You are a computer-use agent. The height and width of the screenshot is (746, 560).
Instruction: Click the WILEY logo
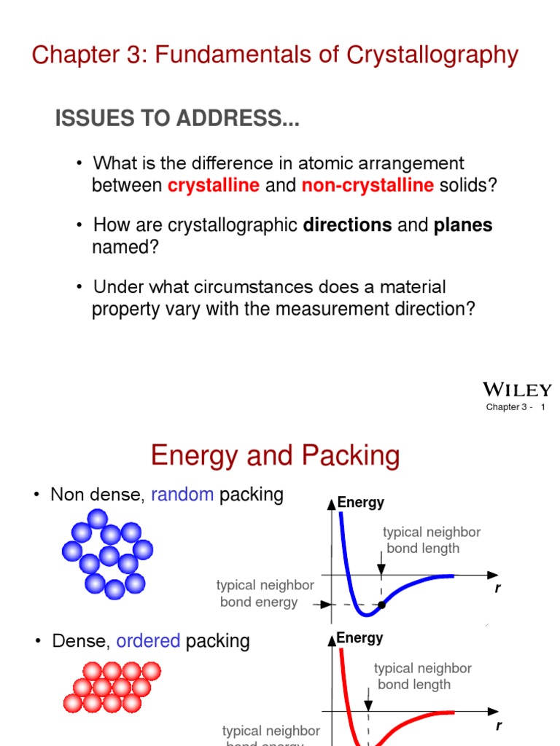point(517,390)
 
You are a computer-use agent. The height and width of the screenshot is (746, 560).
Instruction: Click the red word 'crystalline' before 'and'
point(214,185)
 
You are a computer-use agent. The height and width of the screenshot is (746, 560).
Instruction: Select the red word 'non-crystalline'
point(367,185)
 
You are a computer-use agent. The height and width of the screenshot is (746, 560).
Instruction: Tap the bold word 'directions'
point(347,225)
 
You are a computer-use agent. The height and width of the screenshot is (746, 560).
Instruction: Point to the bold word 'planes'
point(463,225)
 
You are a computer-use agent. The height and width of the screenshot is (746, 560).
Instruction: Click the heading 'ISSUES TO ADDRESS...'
point(177,120)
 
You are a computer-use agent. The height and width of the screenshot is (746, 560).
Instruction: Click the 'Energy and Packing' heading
point(275,456)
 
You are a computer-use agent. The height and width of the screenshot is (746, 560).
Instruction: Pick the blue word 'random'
point(182,495)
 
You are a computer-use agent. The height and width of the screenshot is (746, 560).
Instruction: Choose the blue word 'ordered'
point(148,641)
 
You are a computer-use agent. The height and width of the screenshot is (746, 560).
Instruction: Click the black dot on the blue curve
point(381,605)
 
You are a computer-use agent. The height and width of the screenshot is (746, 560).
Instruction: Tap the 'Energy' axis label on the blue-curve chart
point(360,503)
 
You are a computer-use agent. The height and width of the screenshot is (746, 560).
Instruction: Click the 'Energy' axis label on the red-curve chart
point(359,638)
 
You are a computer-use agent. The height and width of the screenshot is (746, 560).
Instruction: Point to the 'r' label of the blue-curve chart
point(498,589)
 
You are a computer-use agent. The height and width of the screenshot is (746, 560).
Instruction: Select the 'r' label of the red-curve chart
point(499,726)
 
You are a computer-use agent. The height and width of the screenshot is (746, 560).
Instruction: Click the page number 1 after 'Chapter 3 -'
point(542,407)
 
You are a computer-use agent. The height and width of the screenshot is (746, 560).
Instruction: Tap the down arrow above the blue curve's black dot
point(381,565)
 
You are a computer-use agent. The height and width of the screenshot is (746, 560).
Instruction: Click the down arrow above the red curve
point(368,702)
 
